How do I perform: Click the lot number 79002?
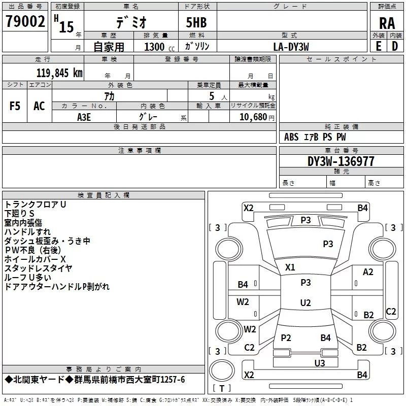(25, 21)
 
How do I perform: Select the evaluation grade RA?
(387, 23)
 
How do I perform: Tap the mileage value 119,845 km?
(59, 73)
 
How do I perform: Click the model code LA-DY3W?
(291, 47)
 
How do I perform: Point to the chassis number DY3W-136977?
(341, 161)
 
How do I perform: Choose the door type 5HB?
(196, 22)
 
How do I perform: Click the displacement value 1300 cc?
(159, 47)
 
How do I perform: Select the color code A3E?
(84, 117)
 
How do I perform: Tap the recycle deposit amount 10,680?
(253, 117)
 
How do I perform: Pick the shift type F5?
(15, 106)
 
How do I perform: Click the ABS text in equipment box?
(291, 137)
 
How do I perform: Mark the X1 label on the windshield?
(290, 267)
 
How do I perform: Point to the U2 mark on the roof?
(306, 302)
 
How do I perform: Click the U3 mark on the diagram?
(320, 363)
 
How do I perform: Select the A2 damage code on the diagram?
(368, 272)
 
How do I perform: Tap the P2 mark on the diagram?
(286, 337)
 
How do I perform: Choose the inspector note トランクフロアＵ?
(35, 205)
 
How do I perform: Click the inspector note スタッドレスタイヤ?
(38, 268)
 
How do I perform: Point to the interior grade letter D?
(395, 46)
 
